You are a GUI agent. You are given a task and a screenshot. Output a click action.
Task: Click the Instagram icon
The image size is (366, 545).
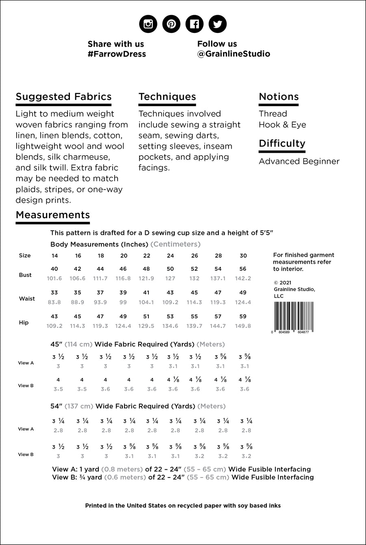pos(148,24)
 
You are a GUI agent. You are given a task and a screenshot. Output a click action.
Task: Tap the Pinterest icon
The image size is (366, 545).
pos(171,24)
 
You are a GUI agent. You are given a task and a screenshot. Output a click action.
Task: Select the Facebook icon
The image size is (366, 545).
pos(194,24)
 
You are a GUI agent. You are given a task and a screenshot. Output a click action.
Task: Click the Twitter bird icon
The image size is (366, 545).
pos(218,24)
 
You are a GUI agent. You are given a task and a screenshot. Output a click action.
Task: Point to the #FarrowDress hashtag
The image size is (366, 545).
pos(116,54)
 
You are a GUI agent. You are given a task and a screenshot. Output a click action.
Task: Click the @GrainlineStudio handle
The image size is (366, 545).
pos(233,54)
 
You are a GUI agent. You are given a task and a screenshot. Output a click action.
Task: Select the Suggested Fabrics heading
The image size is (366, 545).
pos(63,97)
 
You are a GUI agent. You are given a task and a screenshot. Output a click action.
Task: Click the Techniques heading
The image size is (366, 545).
pos(167,97)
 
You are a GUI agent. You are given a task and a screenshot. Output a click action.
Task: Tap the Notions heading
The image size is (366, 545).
pos(279,97)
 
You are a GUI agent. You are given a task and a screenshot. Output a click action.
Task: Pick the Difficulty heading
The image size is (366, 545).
pos(282,143)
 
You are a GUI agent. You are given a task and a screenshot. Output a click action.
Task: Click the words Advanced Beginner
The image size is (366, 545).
pos(299,161)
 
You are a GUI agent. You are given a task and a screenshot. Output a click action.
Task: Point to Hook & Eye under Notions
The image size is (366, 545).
pos(282,125)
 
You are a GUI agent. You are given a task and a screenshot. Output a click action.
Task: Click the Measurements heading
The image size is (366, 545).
pos(52,215)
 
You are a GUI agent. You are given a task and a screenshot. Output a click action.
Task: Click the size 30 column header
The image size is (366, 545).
pos(243,256)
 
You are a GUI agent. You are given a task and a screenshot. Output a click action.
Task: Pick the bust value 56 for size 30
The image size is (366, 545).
pos(243,269)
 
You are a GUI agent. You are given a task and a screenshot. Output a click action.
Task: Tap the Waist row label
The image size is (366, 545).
pos(27,299)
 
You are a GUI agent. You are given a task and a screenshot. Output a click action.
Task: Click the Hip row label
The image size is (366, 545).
pos(24,323)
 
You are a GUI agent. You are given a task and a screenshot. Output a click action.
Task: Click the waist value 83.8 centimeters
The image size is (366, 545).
pos(54,302)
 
